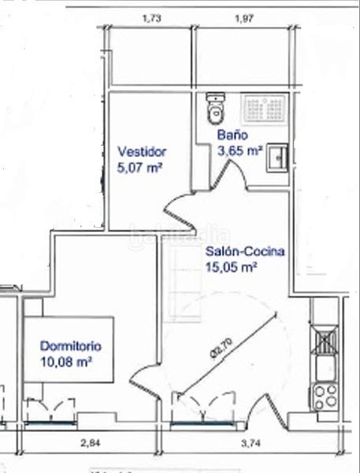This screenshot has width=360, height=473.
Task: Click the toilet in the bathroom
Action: coord(214,110)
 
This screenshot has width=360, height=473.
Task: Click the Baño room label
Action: coord(234,135)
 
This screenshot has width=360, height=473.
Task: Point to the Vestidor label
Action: coord(142,151)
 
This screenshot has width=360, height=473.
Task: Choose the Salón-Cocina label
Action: coord(245,253)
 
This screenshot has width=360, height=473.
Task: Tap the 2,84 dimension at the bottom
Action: coord(91,442)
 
